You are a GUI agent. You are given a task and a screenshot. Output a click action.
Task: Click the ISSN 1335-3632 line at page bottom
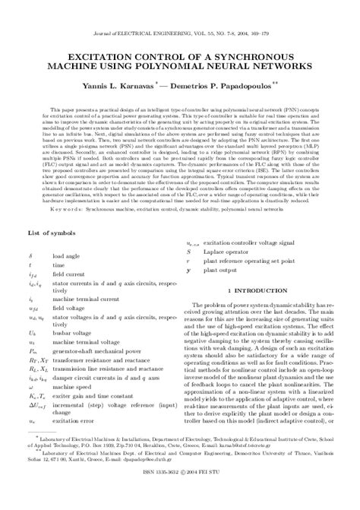[180, 498]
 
